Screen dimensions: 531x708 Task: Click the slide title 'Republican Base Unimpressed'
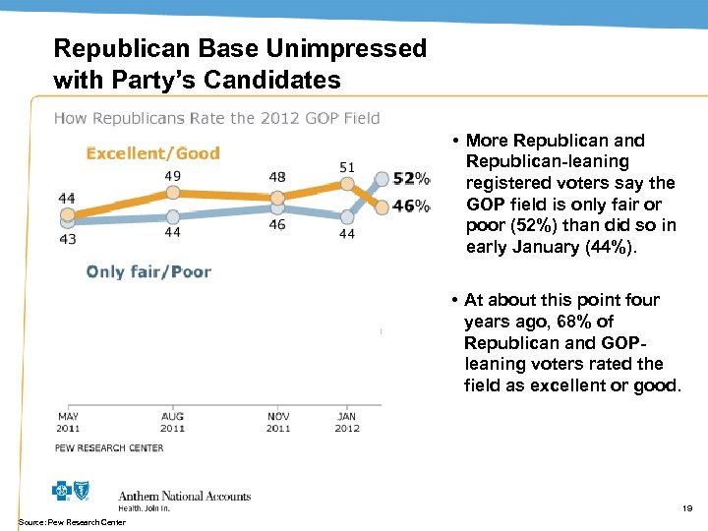click(x=240, y=48)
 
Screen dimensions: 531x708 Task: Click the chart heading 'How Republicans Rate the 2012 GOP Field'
click(x=216, y=118)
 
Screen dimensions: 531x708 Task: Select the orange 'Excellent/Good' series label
click(x=152, y=152)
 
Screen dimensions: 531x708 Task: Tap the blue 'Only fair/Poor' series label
click(x=148, y=271)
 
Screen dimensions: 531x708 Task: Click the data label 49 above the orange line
click(x=172, y=176)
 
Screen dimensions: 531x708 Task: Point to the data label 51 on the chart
click(x=346, y=167)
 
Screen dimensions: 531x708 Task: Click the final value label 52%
click(x=410, y=179)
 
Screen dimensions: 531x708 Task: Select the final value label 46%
click(x=410, y=206)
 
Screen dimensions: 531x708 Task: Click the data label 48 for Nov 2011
click(x=277, y=177)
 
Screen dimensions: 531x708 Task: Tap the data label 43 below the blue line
click(x=67, y=238)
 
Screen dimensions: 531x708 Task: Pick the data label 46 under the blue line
click(x=277, y=225)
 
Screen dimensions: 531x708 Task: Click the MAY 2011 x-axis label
click(x=67, y=422)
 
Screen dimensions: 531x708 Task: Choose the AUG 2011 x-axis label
click(x=172, y=422)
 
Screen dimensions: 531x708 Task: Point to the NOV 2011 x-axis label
click(x=278, y=422)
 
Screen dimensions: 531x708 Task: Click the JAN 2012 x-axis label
click(x=346, y=422)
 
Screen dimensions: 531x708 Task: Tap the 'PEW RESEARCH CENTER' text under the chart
click(x=109, y=448)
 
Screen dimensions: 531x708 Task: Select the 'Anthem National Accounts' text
click(x=184, y=496)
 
